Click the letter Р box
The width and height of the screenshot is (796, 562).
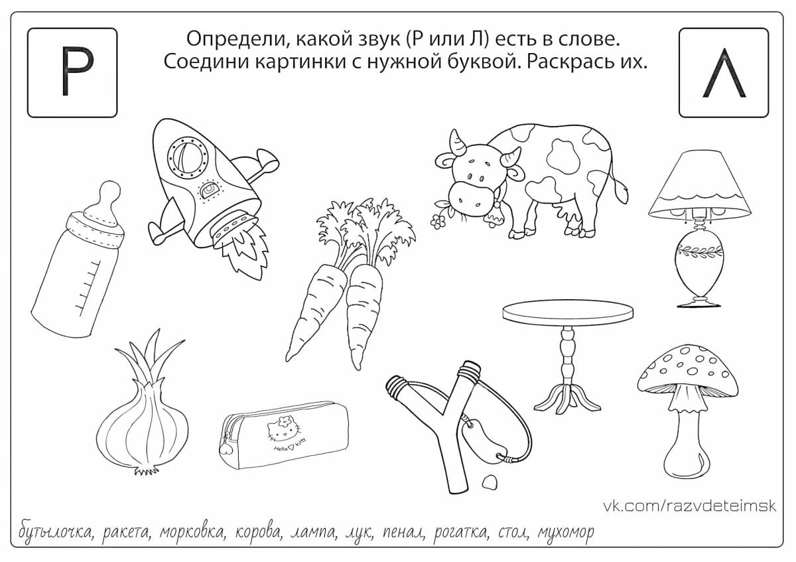[72, 72]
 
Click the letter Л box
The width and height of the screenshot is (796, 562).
[724, 72]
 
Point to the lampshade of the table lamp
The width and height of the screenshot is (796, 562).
[700, 186]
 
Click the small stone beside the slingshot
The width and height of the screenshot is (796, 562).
[490, 482]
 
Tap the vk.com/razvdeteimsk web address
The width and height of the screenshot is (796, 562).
[690, 506]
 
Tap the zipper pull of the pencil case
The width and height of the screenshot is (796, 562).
[226, 447]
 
